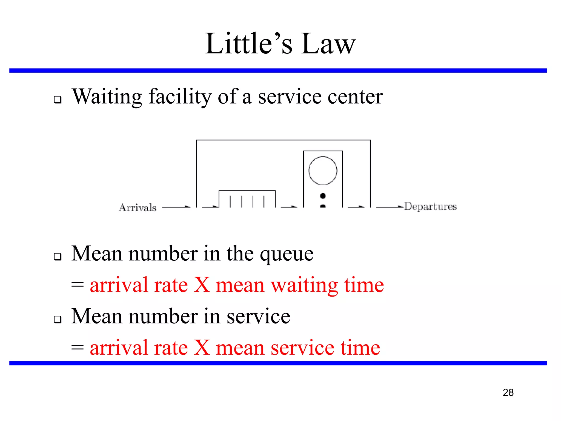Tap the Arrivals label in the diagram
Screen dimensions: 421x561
coord(138,208)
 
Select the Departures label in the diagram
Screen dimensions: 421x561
coord(431,206)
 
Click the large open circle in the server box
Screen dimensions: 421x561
coord(323,170)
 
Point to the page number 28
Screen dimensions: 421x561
coord(508,392)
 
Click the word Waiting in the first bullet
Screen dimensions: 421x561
coord(107,97)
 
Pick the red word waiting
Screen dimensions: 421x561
coord(304,286)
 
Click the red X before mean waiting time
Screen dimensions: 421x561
coord(202,285)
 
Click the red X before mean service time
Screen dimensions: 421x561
coord(202,348)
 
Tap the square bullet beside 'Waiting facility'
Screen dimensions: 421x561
coord(58,99)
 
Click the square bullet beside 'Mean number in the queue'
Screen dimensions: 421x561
coord(58,257)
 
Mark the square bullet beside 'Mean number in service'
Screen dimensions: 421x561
coord(58,319)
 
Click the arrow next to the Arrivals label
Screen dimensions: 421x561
coord(176,207)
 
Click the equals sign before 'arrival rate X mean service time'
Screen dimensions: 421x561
coord(78,348)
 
